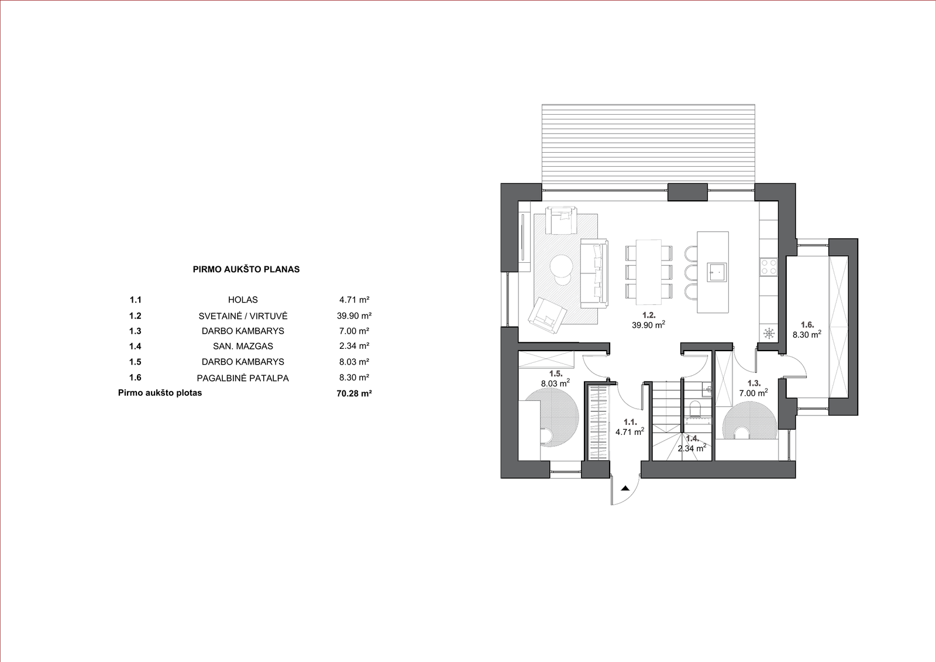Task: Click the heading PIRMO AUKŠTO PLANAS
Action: (x=246, y=270)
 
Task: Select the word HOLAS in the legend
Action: (x=243, y=300)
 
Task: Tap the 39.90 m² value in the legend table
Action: (x=355, y=315)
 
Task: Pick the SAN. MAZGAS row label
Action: (x=243, y=347)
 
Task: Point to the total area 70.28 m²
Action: (x=355, y=393)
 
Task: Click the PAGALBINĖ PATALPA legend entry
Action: (x=243, y=378)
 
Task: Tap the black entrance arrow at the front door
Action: (x=625, y=488)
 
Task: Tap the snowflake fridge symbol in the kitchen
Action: (x=769, y=334)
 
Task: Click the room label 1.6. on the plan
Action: (x=807, y=324)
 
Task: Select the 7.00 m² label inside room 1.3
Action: (x=753, y=393)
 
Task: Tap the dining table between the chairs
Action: (x=649, y=272)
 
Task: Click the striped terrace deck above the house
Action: (x=649, y=147)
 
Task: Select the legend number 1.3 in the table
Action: (x=135, y=331)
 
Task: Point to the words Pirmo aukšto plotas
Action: (x=160, y=393)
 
